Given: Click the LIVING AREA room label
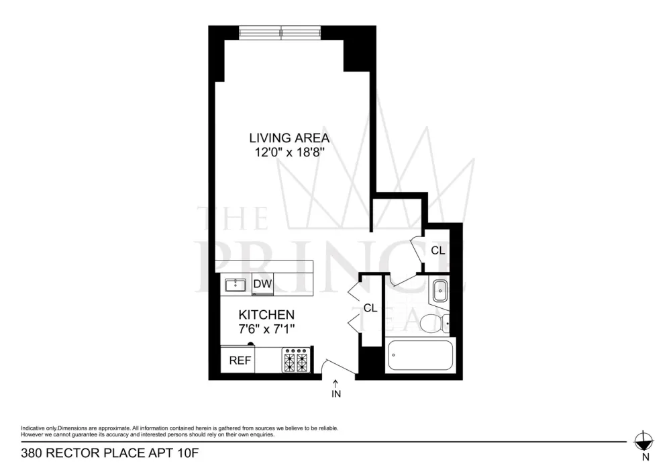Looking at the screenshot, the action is point(289,138).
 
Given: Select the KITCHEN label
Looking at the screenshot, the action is point(266,315).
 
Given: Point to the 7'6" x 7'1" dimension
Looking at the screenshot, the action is point(266,329).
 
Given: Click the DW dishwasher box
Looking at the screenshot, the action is point(262,284).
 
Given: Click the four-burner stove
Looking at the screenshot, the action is point(296,360).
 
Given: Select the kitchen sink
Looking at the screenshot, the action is point(236,285).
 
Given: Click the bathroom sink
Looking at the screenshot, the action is point(440,291).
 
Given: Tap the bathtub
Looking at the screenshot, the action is point(420,355).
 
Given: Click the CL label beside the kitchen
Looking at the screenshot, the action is point(370,308).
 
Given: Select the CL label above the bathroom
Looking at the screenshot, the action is point(437,250).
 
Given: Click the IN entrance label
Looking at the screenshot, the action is point(336,393).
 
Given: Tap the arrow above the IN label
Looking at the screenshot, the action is point(336,383).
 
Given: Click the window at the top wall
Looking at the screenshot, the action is point(280,32).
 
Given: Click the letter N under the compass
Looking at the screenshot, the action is point(646,457).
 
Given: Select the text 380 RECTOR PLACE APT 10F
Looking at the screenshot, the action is point(110,453).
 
